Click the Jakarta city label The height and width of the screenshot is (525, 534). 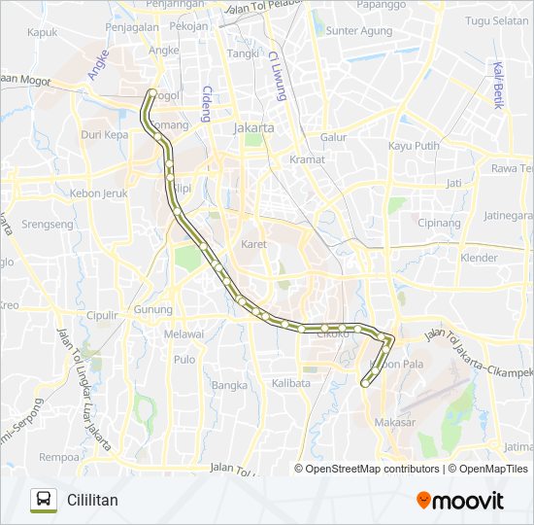[x=253, y=127]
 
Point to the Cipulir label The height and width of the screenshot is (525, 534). [x=100, y=315]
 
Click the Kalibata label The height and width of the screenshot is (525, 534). [x=291, y=383]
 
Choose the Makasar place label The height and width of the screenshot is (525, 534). [x=393, y=422]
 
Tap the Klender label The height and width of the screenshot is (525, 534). [x=479, y=259]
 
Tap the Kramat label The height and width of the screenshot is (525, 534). [x=307, y=158]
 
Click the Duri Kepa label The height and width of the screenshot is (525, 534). [x=104, y=135]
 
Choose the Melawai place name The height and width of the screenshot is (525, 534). [x=184, y=334]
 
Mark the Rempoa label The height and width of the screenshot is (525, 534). [x=57, y=456]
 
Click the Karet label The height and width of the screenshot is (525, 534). [x=253, y=244]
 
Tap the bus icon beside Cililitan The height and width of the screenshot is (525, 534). [x=43, y=500]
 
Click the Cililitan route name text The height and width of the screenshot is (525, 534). [x=92, y=501]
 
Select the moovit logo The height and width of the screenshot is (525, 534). [x=460, y=500]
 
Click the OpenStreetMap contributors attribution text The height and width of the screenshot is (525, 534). [x=372, y=469]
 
